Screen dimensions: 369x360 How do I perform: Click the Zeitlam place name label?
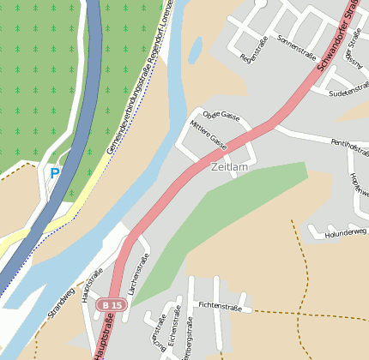click(x=228, y=167)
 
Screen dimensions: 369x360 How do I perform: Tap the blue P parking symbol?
click(x=55, y=173)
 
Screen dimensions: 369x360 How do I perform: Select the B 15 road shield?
click(x=110, y=305)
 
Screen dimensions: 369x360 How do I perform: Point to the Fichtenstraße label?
click(x=220, y=305)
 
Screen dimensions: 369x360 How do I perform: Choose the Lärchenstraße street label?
click(x=138, y=274)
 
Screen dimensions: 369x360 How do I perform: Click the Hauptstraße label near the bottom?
click(x=103, y=336)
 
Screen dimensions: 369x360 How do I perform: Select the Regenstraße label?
click(x=256, y=50)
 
